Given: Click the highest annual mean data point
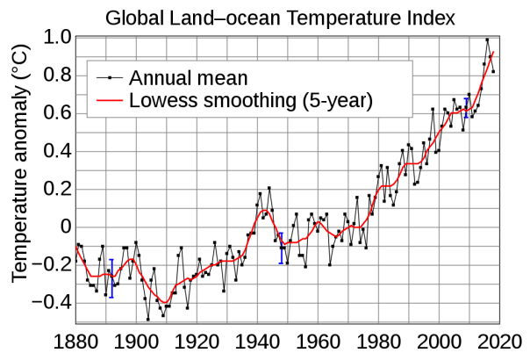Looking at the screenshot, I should pos(487,40).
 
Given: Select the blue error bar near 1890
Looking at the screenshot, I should pos(111,278).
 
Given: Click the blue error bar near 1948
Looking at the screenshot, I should pos(281,248).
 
